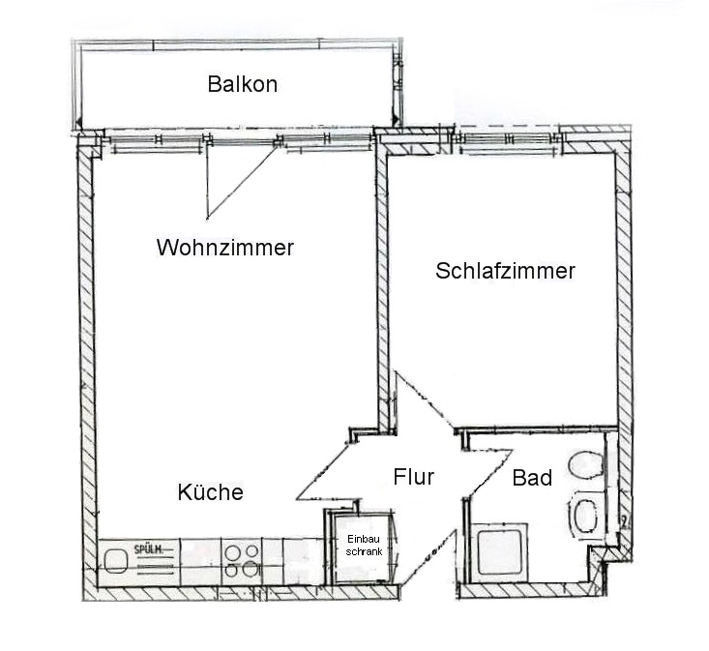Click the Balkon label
[243, 84]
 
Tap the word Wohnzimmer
[225, 248]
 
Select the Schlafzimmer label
[505, 271]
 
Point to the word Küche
[210, 491]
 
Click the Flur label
[414, 477]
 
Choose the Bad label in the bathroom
[532, 478]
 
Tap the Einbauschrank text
[364, 546]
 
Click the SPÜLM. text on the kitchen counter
[148, 550]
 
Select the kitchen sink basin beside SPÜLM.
[115, 561]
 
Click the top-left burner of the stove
[233, 552]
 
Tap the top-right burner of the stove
[252, 550]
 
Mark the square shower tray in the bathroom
[499, 552]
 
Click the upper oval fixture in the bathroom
[586, 464]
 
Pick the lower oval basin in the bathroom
[586, 516]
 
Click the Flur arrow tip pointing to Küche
[298, 499]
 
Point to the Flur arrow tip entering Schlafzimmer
[397, 372]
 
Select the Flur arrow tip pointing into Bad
[512, 450]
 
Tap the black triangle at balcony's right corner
[396, 121]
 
